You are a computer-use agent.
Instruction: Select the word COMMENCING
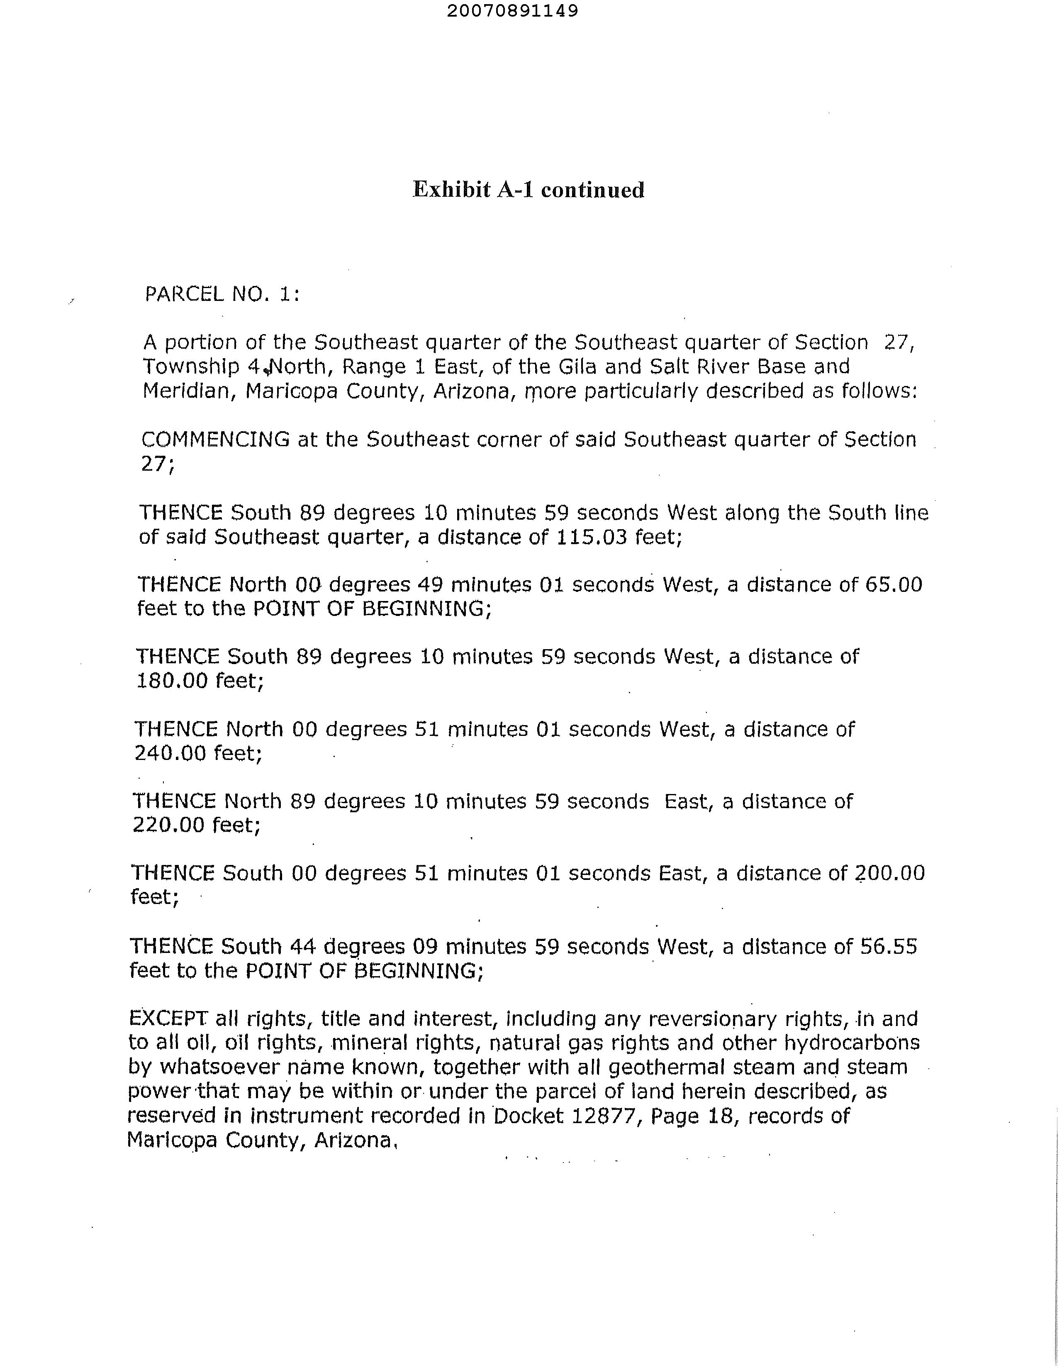(215, 439)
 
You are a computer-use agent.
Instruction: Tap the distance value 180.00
(172, 680)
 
